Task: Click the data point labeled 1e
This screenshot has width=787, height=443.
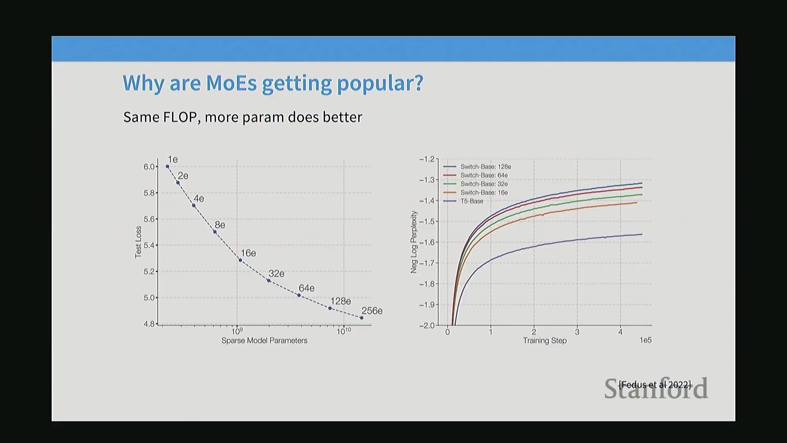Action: pos(167,167)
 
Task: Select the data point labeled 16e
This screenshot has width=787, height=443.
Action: pos(240,260)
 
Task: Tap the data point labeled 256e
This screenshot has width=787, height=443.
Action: pos(362,318)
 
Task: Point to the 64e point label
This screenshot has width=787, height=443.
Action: pos(307,288)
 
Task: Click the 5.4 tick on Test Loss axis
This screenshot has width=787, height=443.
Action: pos(149,245)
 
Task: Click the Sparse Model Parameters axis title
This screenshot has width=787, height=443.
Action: pos(264,340)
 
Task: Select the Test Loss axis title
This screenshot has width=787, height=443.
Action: pos(138,242)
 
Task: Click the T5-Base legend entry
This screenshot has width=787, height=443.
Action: pos(471,201)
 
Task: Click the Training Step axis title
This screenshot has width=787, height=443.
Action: pos(545,340)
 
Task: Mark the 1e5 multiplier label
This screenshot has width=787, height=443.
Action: pos(646,340)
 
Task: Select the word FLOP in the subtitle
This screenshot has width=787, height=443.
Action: pos(180,117)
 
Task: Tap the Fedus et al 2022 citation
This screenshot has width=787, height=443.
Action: pos(655,385)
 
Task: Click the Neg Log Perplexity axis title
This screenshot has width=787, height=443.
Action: pos(414,242)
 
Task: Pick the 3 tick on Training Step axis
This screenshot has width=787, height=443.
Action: pos(577,332)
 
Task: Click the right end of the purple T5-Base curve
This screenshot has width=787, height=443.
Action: pos(641,234)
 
